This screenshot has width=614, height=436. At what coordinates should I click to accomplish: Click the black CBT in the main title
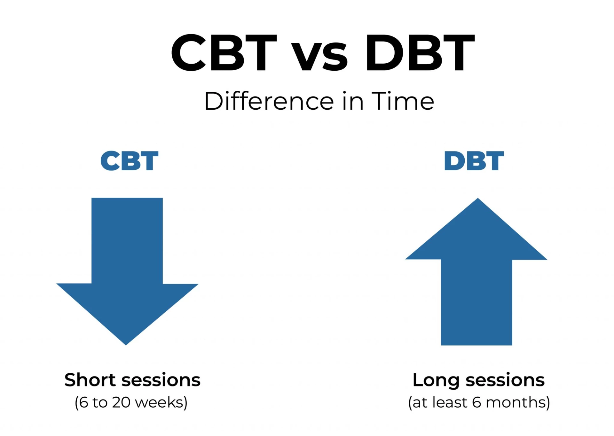point(224,52)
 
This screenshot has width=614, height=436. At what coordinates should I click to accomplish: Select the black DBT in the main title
point(420,52)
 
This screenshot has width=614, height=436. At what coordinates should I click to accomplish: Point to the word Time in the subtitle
point(403,101)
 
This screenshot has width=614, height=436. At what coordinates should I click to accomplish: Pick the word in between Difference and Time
point(353,101)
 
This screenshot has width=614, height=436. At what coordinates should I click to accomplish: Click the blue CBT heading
point(129,161)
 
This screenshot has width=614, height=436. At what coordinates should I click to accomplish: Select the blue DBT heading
point(474,161)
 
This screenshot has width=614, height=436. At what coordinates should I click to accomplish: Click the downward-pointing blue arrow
point(127,272)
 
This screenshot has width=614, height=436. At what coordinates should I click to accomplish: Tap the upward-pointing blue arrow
point(476,272)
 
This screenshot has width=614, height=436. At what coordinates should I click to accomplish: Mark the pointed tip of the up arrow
point(478,198)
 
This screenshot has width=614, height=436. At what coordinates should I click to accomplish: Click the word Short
point(90,380)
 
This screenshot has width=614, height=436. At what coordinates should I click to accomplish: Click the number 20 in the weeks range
point(121,402)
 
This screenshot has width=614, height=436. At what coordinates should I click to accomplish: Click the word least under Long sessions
point(450,402)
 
